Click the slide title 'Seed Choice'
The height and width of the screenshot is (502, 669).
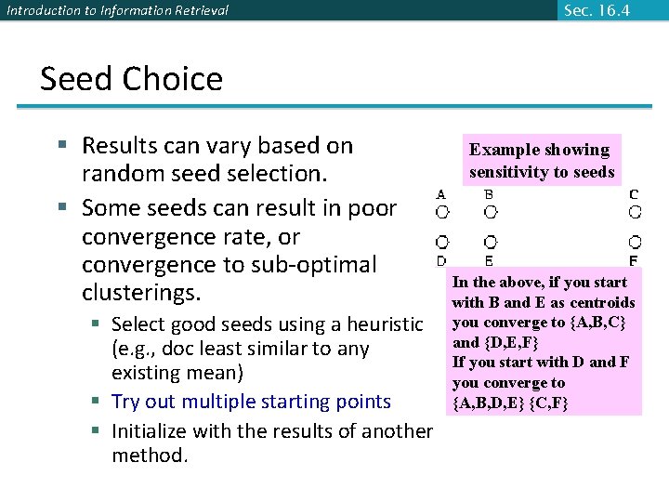[x=131, y=79]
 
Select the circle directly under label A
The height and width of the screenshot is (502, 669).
[x=442, y=212]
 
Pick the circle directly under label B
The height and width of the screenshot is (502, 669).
[x=489, y=212]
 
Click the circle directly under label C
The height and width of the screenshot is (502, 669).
[x=634, y=212]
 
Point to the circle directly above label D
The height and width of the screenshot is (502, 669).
[x=442, y=243]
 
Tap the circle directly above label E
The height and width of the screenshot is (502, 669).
[x=489, y=243]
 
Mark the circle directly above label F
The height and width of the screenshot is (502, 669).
[x=634, y=243]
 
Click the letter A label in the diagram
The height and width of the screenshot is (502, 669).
[x=441, y=194]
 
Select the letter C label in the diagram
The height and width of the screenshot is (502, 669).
[x=634, y=194]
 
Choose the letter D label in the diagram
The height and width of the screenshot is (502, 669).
[x=441, y=261]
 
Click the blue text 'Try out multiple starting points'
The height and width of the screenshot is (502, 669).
[x=251, y=402]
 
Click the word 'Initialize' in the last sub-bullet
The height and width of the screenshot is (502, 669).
[x=149, y=431]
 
